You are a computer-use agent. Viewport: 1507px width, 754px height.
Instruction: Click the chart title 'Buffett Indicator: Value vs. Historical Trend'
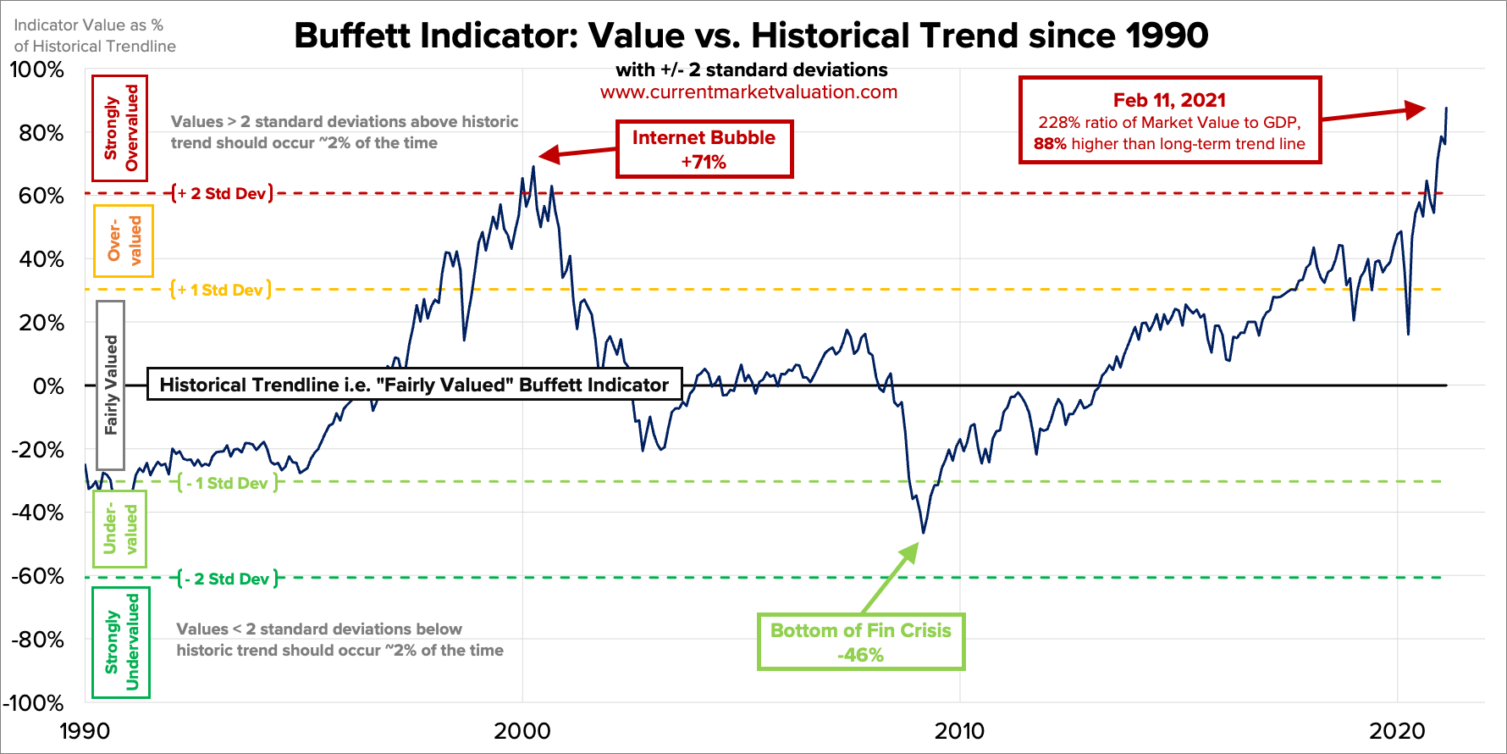point(751,36)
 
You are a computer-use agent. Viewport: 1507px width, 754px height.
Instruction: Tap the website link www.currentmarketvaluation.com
point(748,92)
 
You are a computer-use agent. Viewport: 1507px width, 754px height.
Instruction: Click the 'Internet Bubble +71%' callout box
point(704,149)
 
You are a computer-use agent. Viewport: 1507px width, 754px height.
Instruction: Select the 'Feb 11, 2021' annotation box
point(1169,120)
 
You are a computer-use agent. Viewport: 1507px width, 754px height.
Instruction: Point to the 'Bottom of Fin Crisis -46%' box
point(860,642)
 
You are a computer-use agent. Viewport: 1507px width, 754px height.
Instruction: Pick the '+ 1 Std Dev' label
point(221,290)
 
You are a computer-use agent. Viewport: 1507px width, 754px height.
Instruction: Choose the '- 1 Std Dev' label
point(228,483)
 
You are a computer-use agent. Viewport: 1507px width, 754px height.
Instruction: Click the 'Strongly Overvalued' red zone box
point(120,128)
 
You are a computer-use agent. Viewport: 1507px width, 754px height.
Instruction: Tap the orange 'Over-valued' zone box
point(124,241)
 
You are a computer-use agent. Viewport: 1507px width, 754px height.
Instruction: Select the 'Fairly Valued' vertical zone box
point(111,385)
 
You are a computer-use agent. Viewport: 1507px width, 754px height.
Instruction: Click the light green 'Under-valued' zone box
point(119,529)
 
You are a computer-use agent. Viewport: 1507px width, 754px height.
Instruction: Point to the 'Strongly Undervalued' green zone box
point(121,642)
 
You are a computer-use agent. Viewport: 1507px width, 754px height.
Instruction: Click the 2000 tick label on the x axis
point(522,730)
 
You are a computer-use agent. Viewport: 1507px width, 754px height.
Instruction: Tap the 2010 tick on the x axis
point(959,730)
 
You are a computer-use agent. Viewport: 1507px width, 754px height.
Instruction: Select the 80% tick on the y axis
point(41,133)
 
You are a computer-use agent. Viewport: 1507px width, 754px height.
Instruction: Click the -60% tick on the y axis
point(37,576)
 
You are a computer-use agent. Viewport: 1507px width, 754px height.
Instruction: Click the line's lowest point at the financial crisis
point(923,533)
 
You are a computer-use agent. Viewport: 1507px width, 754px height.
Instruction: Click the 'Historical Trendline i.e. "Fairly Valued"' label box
point(414,385)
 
